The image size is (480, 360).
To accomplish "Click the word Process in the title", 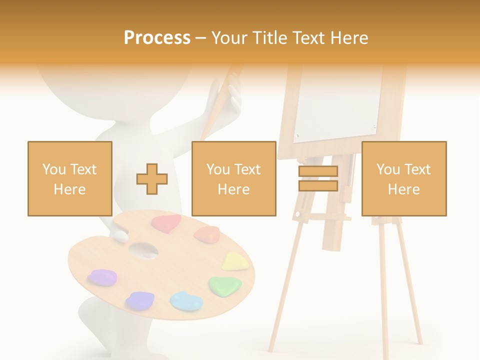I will click(157, 38).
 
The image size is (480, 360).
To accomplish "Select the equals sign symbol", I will click(318, 178).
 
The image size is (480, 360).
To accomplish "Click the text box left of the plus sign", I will click(70, 178).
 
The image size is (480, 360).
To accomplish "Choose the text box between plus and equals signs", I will click(234, 178).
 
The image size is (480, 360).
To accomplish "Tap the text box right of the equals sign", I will click(404, 178).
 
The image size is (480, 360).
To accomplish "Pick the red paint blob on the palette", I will click(166, 223).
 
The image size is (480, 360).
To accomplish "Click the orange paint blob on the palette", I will click(207, 233).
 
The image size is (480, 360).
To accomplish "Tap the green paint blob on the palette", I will click(225, 285).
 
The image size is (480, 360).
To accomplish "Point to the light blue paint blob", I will click(186, 300).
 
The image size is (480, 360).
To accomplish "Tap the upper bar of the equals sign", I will click(318, 171).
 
